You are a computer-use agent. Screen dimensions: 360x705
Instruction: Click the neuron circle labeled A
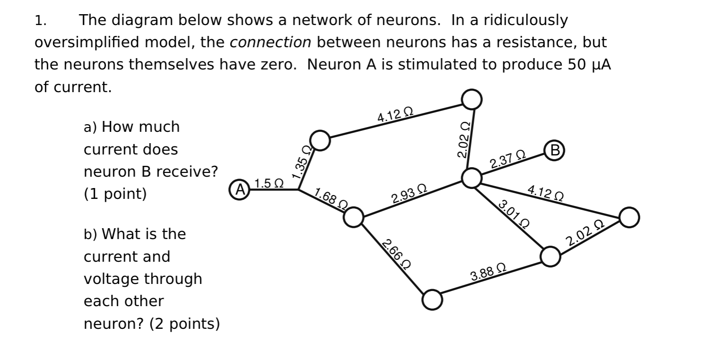(240, 189)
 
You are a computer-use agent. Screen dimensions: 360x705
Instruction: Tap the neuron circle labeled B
(555, 150)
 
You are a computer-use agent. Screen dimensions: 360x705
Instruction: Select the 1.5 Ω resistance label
(269, 183)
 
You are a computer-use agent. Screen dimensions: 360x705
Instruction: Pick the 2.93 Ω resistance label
(409, 195)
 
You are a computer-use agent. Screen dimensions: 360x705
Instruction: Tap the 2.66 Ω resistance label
(396, 254)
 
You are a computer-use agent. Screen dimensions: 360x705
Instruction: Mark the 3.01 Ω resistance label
(513, 214)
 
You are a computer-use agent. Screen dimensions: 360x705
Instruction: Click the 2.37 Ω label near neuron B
(507, 160)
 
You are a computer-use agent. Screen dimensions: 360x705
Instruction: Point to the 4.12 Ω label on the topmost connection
(395, 115)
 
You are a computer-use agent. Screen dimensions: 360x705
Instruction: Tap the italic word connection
(270, 43)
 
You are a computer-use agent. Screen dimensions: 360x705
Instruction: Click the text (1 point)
(115, 194)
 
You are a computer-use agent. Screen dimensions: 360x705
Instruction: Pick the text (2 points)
(185, 324)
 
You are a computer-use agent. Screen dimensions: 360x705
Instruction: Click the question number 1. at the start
(40, 20)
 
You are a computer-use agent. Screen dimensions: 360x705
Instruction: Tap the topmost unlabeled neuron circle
(472, 99)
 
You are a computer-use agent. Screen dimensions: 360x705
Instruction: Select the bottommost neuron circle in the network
(432, 300)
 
